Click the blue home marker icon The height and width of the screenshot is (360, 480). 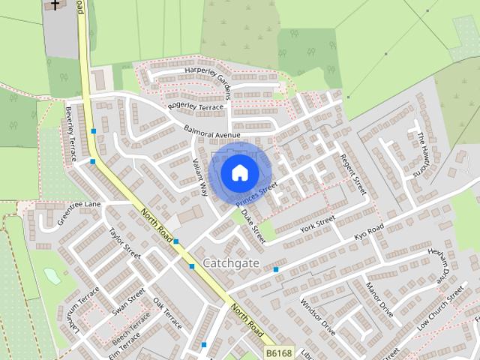click(x=239, y=172)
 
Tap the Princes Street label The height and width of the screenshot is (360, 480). click(x=256, y=194)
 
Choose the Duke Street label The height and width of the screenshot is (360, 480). click(x=253, y=225)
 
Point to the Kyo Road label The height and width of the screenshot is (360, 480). click(x=369, y=232)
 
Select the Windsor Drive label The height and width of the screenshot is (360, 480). click(x=318, y=316)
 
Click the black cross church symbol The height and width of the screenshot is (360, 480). click(x=55, y=4)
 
